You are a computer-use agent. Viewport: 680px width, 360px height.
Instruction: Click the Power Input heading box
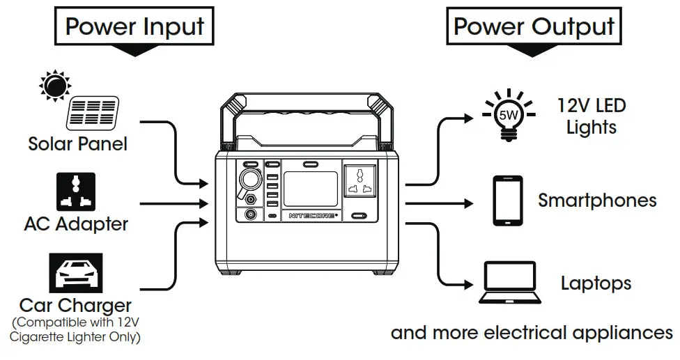134,27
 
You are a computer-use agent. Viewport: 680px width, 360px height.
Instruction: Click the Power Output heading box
534,27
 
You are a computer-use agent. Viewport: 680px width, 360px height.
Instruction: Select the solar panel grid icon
93,114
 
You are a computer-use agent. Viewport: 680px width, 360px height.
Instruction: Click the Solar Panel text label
77,144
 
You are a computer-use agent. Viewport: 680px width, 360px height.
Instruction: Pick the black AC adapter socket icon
75,192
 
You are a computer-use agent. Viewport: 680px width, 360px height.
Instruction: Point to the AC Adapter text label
76,224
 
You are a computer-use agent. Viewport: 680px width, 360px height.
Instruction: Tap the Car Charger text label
75,305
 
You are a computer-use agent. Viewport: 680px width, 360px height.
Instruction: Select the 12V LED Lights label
592,116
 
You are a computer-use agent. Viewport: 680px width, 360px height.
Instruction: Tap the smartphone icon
508,201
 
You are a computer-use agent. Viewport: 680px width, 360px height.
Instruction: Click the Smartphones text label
597,201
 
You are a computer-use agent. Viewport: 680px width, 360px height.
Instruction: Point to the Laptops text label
596,283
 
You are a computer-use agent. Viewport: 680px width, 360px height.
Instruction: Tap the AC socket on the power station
362,182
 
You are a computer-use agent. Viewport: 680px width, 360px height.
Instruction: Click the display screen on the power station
311,187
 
